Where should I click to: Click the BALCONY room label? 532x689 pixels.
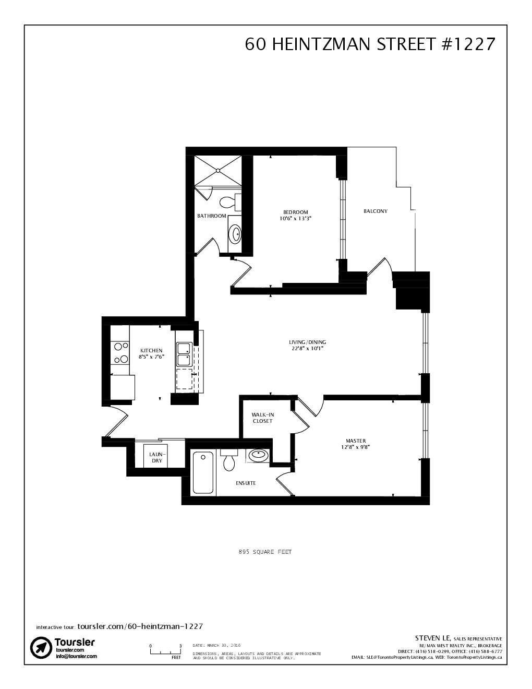[375, 211]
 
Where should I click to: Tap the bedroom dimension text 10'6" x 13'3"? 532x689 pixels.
[295, 219]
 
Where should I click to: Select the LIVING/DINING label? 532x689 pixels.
[308, 342]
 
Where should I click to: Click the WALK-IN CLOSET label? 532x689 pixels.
[263, 418]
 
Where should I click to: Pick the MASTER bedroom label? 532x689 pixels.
[356, 441]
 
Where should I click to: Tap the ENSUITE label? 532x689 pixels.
[246, 483]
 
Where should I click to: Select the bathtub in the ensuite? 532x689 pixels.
[203, 473]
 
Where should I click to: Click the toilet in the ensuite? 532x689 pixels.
[228, 460]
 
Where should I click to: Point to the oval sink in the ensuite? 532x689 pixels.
[258, 455]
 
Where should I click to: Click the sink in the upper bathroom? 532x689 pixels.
[235, 233]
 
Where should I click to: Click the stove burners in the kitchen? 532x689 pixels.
[120, 352]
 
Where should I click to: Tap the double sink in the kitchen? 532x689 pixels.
[184, 354]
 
